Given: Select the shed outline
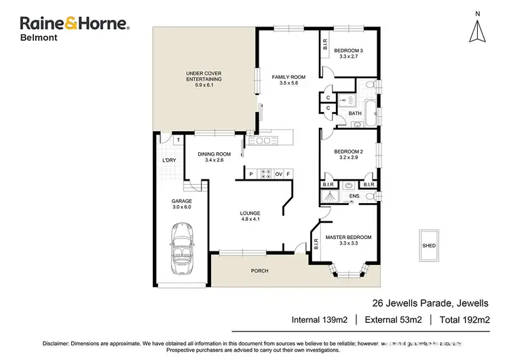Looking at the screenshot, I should (x=429, y=246).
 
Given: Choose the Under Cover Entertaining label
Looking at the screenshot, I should (x=204, y=79).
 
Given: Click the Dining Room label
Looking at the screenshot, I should (x=214, y=157).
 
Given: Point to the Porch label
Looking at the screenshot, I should (x=259, y=271).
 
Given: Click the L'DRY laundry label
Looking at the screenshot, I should (x=169, y=160).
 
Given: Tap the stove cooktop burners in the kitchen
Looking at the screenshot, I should (x=267, y=174).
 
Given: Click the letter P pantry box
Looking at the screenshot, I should (x=251, y=174).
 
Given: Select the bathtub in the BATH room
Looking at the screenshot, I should (x=371, y=112).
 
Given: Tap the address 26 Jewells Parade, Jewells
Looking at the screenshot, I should (x=430, y=303).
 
